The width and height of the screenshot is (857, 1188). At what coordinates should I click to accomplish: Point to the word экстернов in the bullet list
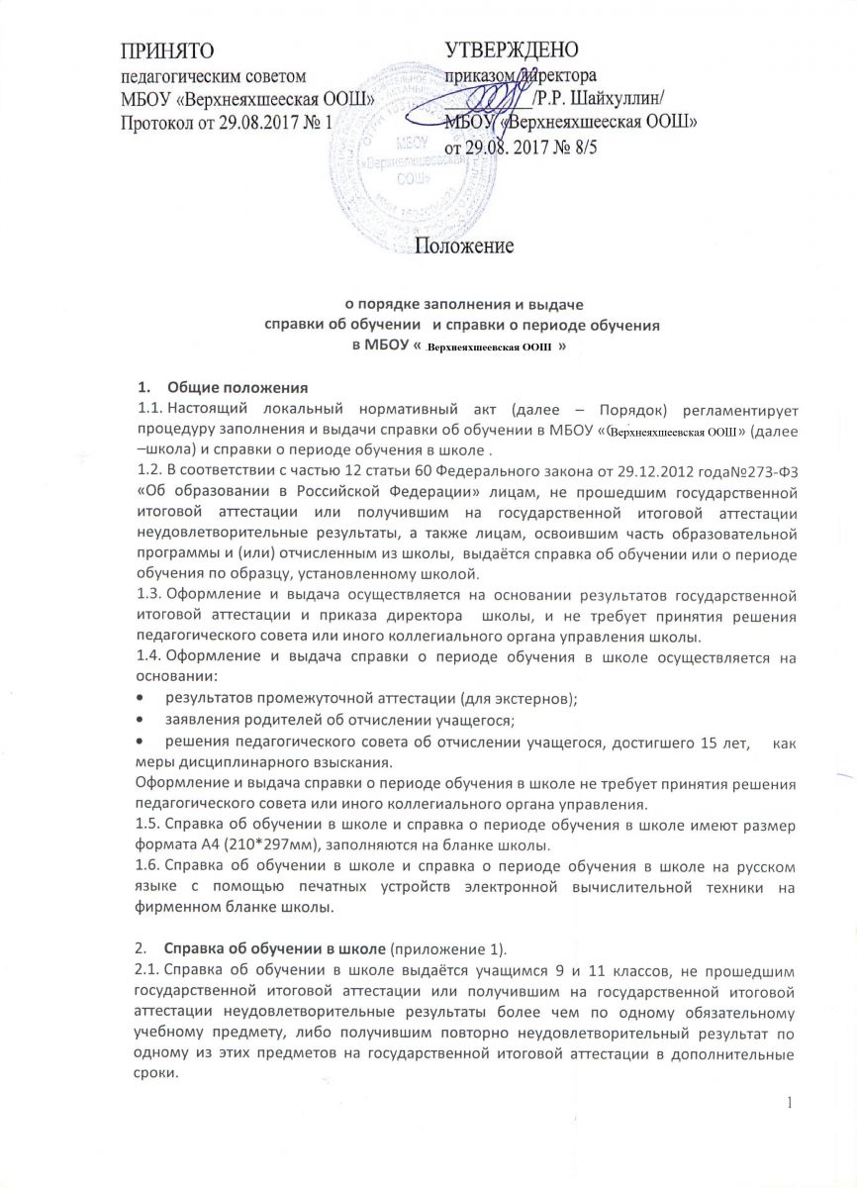click(x=527, y=698)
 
